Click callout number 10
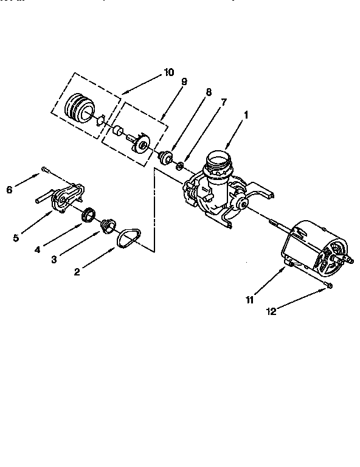pyautogui.click(x=168, y=74)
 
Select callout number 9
pyautogui.click(x=184, y=82)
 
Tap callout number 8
pyautogui.click(x=208, y=92)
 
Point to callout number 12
pyautogui.click(x=272, y=312)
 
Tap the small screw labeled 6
pyautogui.click(x=46, y=169)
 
